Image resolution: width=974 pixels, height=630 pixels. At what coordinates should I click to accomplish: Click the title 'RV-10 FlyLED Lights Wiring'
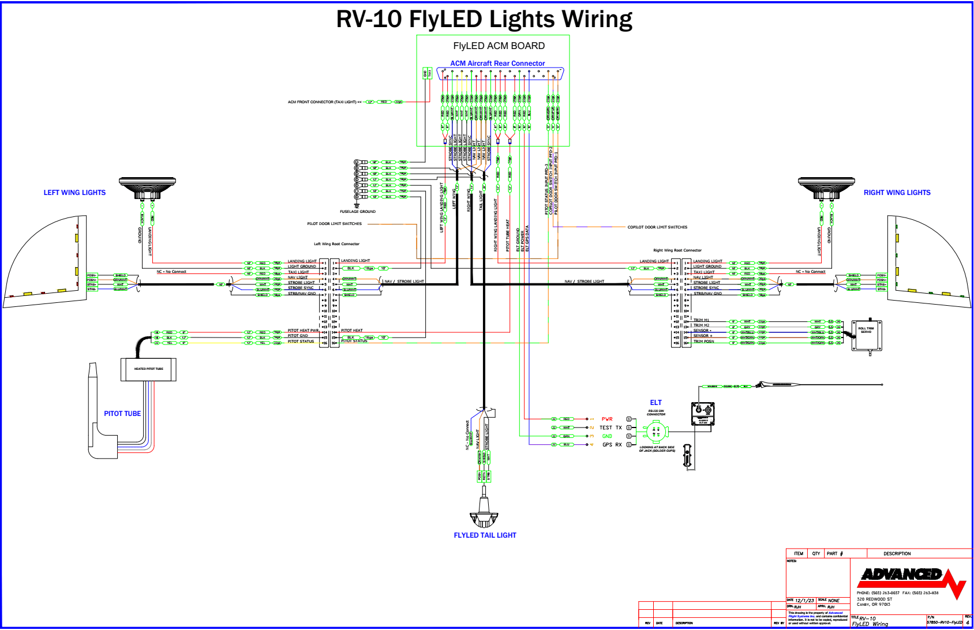[x=484, y=19]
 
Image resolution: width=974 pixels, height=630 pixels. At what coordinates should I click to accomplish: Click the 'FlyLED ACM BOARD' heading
[x=499, y=46]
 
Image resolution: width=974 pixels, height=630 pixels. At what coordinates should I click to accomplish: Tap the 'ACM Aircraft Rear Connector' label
[x=497, y=63]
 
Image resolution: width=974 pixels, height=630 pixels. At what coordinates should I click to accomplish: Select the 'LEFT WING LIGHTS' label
[x=74, y=193]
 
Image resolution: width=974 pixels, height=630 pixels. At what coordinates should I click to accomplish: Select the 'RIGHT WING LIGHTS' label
[x=897, y=193]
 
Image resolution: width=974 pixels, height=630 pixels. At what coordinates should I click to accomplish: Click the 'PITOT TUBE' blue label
[x=122, y=414]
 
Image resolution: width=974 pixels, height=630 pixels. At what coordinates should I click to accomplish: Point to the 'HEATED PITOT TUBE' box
[x=148, y=369]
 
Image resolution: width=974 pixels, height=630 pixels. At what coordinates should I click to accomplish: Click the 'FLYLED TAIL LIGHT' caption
[x=485, y=535]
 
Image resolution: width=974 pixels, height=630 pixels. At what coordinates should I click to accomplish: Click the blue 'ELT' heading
[x=656, y=403]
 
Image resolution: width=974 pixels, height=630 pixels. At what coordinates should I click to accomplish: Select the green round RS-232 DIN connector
[x=655, y=432]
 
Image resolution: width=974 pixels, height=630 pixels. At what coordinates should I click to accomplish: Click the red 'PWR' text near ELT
[x=607, y=419]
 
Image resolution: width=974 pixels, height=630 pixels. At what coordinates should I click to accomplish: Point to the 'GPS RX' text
[x=612, y=445]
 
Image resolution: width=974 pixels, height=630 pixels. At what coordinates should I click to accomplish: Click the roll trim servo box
[x=866, y=335]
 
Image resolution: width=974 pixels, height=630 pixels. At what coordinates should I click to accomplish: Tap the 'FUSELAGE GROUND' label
[x=358, y=212]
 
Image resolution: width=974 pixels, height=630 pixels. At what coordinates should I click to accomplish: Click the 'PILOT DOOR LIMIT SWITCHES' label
[x=334, y=224]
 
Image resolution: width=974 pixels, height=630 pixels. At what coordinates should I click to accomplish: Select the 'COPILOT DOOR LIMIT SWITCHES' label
[x=657, y=227]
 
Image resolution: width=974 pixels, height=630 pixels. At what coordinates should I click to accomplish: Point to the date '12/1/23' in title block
[x=804, y=601]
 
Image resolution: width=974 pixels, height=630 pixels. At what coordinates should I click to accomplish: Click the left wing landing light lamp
[x=147, y=188]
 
